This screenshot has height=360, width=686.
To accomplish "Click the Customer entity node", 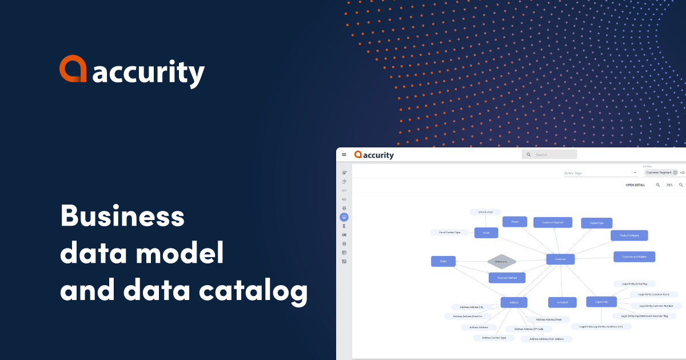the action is (x=560, y=259).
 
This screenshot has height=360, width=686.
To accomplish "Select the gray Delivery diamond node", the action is (x=501, y=262).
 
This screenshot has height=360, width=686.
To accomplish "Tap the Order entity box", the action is (x=443, y=261).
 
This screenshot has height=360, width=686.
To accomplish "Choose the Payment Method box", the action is (x=506, y=278).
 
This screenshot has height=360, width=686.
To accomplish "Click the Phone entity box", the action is (x=514, y=222).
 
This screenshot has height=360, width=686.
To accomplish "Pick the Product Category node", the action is (x=629, y=235).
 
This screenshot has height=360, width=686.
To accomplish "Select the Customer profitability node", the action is (x=634, y=257).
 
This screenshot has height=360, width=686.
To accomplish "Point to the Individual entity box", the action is (x=562, y=302).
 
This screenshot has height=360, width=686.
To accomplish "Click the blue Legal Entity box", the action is (x=601, y=302).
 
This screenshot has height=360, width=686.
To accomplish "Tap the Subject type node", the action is (x=596, y=223).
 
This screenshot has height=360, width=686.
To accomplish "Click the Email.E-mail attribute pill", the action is (x=485, y=212).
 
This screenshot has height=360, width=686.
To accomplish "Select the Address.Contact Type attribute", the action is (x=493, y=338).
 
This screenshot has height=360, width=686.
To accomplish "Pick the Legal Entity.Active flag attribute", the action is (x=634, y=283).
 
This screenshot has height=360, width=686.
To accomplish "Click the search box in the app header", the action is (x=549, y=154).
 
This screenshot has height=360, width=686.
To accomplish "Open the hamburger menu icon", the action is (x=344, y=154).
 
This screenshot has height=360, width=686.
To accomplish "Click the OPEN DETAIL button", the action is (x=635, y=185).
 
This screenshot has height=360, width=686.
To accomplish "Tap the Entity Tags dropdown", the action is (x=600, y=173).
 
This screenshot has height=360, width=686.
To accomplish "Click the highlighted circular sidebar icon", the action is (x=344, y=217).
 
